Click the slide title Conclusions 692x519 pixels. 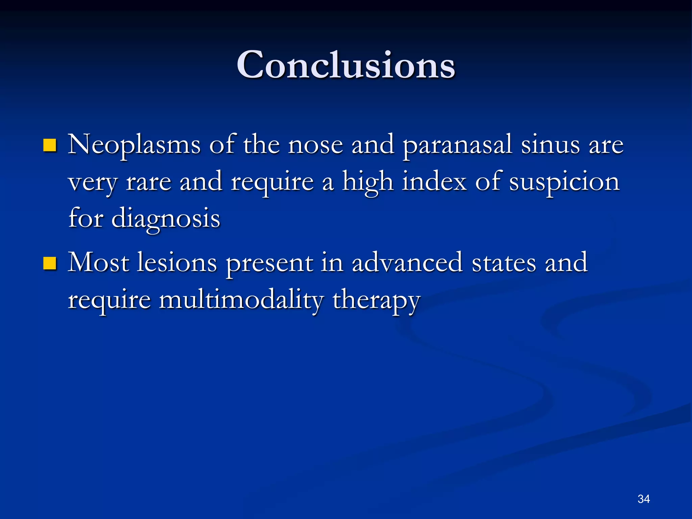pyautogui.click(x=346, y=65)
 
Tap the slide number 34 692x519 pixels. pyautogui.click(x=643, y=499)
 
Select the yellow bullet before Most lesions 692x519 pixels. pyautogui.click(x=50, y=263)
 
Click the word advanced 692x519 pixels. pyautogui.click(x=407, y=263)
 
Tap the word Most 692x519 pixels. pyautogui.click(x=98, y=263)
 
